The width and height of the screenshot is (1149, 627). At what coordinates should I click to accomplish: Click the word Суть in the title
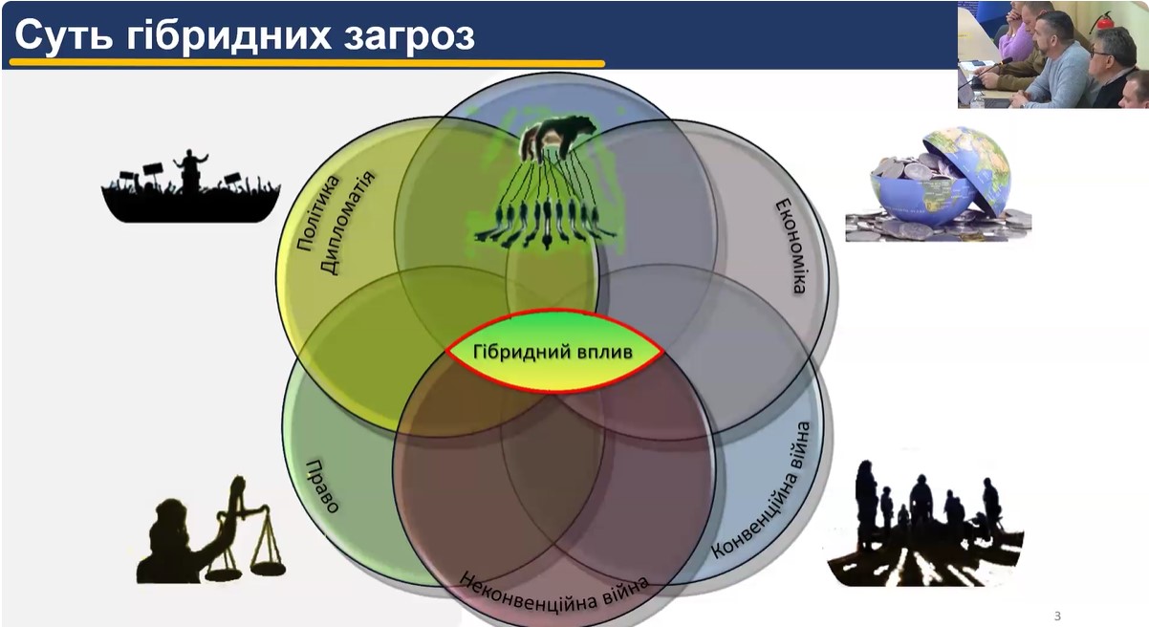coord(63,35)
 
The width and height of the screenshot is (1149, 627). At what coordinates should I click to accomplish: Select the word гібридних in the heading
coord(228,36)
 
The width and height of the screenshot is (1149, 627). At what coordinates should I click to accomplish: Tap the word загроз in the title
coord(409,36)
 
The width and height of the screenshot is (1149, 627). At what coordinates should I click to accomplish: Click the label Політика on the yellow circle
coord(318,213)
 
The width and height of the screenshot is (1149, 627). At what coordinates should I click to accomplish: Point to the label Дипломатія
coord(347,224)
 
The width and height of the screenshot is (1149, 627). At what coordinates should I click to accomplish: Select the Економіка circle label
coord(791,247)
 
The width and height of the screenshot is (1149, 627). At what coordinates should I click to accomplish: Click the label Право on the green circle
coord(321,486)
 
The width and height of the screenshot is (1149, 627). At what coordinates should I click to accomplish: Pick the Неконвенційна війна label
coord(553,592)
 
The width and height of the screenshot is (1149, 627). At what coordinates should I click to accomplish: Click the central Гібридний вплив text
coord(553,352)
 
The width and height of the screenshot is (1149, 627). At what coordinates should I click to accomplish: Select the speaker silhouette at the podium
coord(191,170)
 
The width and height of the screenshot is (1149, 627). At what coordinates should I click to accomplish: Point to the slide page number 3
coord(1057,616)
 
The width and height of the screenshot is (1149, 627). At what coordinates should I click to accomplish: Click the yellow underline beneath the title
coord(307,64)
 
